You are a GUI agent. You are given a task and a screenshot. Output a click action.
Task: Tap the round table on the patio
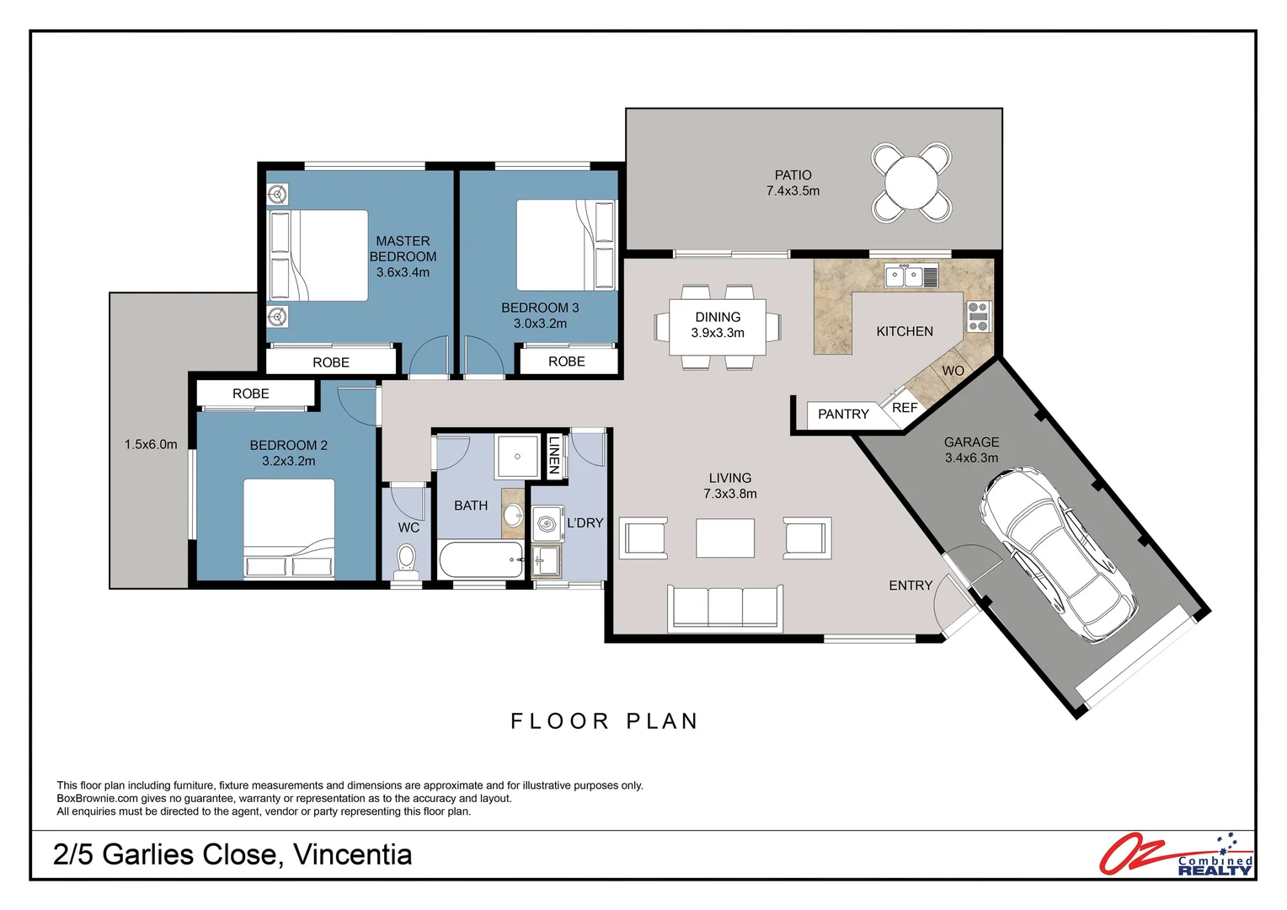click(911, 182)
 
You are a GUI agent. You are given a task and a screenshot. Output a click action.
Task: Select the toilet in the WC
click(407, 560)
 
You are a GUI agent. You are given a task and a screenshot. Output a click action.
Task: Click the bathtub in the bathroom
click(481, 560)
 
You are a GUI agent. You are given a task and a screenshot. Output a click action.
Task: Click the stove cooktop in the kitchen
click(977, 316)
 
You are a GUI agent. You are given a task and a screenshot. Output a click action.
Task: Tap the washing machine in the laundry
click(547, 523)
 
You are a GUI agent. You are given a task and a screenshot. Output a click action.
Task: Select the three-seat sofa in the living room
click(725, 607)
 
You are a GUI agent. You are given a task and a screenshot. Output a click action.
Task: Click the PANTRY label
click(842, 414)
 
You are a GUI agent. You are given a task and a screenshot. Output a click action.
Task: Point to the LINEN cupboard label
click(553, 456)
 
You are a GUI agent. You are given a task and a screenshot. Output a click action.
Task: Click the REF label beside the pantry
click(905, 408)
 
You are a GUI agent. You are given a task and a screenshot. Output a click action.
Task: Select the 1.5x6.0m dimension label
click(151, 444)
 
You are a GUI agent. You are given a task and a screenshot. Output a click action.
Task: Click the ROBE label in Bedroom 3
click(566, 361)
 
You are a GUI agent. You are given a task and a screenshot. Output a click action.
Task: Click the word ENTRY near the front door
click(910, 586)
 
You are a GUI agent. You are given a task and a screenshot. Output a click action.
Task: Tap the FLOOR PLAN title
click(604, 721)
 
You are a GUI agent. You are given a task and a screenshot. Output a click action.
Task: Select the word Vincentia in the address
click(353, 854)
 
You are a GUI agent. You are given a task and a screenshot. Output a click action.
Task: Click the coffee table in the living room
click(725, 538)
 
